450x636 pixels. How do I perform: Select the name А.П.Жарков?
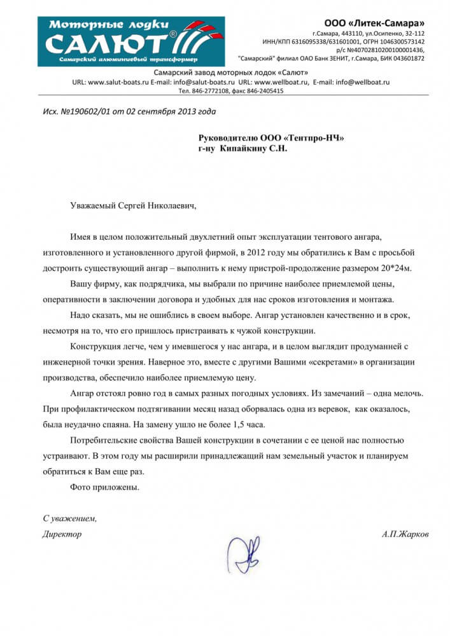click(x=405, y=534)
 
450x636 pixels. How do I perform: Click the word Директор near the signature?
click(x=62, y=534)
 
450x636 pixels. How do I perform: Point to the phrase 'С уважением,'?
click(x=69, y=518)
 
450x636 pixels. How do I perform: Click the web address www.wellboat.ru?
click(x=283, y=83)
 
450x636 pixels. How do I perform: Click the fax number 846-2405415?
click(x=264, y=91)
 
